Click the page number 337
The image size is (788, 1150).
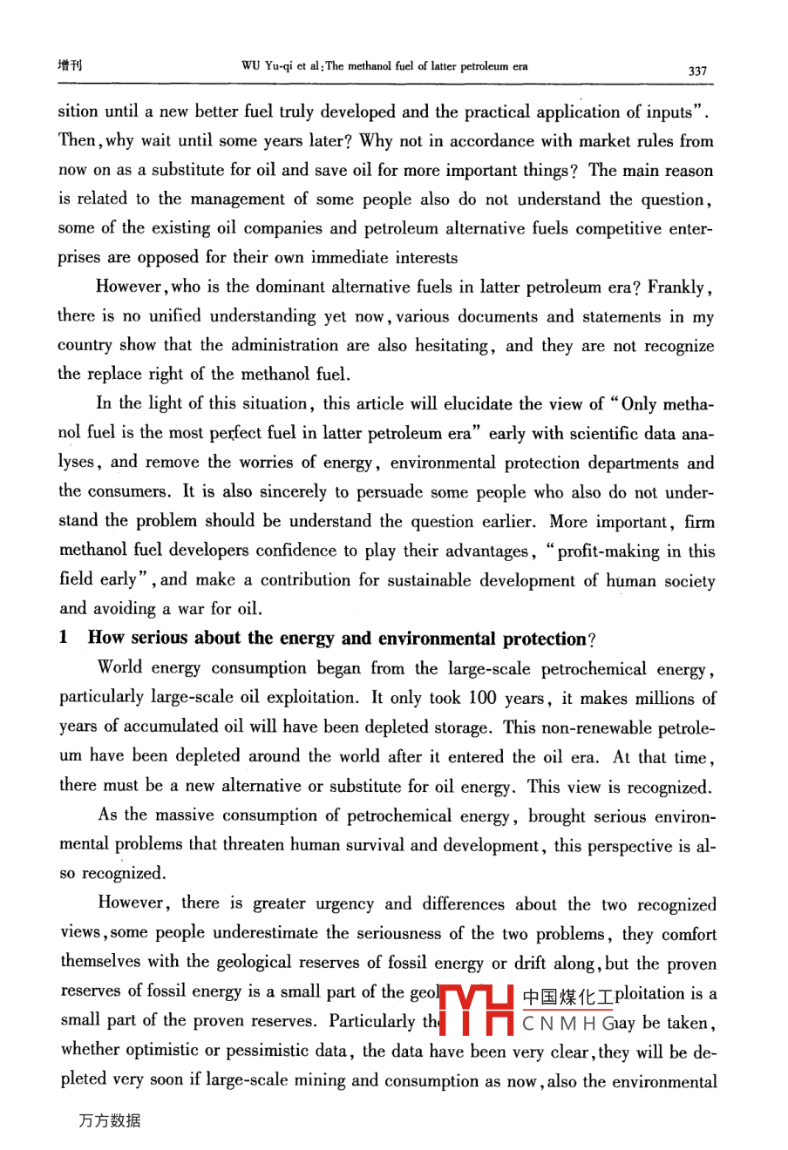(x=697, y=71)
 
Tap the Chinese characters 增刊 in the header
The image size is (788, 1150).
(x=70, y=65)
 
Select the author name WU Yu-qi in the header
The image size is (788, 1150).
(x=265, y=66)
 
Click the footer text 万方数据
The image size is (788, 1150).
(x=109, y=1120)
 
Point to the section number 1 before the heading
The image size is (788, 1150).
(x=64, y=638)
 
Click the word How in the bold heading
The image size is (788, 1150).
(x=105, y=638)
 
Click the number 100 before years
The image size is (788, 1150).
(x=482, y=698)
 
